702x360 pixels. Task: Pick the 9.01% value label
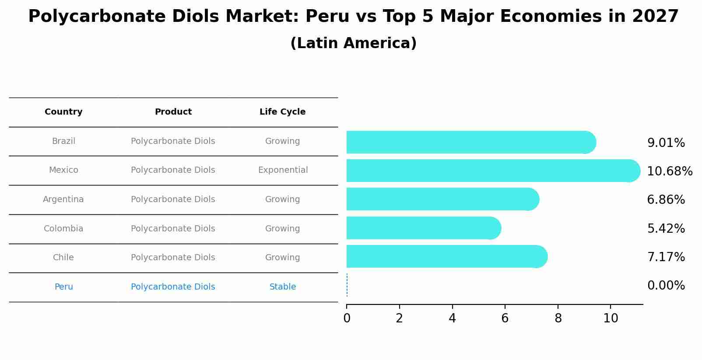[x=666, y=143]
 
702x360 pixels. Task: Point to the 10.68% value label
[x=669, y=171]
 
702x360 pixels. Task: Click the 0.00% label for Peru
[x=666, y=286]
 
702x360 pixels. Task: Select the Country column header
[x=63, y=112]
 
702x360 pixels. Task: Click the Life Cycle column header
[x=282, y=112]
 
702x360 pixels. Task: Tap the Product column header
[x=173, y=112]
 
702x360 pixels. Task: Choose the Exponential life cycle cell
[x=283, y=170]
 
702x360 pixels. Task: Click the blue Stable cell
[x=283, y=287]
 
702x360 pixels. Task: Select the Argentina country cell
[x=63, y=199]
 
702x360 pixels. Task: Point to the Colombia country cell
[x=63, y=229]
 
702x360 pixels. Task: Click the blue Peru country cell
[x=63, y=287]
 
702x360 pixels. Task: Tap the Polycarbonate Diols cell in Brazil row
[x=173, y=141]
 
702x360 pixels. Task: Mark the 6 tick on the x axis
[x=505, y=318]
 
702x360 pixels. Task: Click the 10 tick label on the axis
[x=611, y=318]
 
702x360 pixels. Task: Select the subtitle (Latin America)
[x=353, y=43]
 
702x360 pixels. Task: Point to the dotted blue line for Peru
[x=347, y=285]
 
